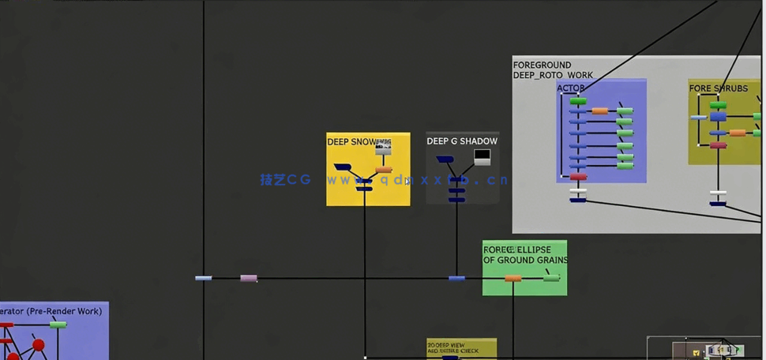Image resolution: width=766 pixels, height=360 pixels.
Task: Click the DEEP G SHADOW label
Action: coord(462,141)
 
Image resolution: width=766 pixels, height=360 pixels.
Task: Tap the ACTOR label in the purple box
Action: coord(571,88)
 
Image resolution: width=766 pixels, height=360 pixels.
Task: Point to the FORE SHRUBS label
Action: coord(718,88)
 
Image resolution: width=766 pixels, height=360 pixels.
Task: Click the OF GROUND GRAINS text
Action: coord(525,260)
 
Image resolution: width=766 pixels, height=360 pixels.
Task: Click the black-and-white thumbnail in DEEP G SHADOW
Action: coord(482,156)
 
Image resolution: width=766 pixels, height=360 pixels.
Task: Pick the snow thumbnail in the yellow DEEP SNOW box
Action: coord(383,148)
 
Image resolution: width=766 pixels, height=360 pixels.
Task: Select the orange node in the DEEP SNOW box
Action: coord(384,170)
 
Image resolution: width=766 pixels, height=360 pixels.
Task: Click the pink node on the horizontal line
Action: coord(249,278)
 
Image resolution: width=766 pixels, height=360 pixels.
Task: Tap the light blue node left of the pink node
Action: coord(204,278)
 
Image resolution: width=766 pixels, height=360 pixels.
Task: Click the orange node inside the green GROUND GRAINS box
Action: coord(513,278)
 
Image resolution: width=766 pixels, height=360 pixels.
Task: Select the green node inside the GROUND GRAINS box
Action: coord(551,277)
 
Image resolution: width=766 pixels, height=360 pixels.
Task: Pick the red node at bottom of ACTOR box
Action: coord(579,177)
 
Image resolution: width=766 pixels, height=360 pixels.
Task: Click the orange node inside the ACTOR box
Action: coord(600,111)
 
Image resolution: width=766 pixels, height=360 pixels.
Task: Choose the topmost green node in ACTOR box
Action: coord(578,101)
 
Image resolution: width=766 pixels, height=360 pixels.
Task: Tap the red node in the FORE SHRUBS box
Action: coord(718,145)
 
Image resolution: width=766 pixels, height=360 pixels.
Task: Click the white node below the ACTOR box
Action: coord(579,191)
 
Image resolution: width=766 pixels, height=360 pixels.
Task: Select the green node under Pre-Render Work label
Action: coord(58,324)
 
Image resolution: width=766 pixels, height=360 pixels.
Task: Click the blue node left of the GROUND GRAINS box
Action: coord(456,278)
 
